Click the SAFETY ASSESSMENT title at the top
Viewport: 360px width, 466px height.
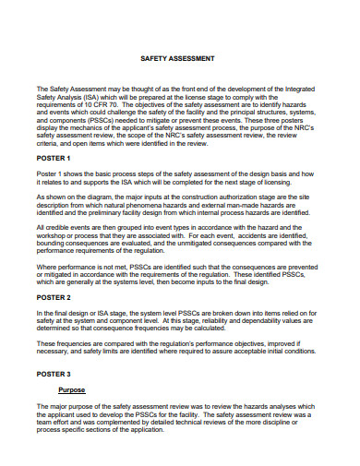tap(181, 56)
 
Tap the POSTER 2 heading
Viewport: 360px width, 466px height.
tap(52, 297)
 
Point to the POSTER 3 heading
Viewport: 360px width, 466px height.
tap(52, 374)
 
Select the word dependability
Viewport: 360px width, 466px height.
tap(258, 322)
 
